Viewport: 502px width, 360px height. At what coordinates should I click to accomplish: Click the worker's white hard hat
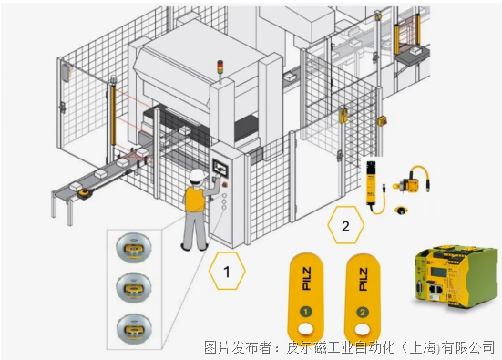197,175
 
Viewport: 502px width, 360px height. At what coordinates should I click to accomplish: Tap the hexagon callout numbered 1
227,271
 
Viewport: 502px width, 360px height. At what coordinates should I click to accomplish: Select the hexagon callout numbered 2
346,225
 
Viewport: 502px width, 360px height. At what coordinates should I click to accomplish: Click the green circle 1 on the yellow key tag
306,312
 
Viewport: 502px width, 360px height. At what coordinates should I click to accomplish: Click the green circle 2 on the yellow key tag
363,312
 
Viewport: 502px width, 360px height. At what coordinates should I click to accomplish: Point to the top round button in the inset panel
134,248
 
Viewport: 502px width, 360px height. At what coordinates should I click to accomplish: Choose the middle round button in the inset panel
134,288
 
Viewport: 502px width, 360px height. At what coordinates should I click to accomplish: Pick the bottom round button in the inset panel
134,329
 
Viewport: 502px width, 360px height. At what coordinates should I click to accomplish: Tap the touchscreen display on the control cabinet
220,167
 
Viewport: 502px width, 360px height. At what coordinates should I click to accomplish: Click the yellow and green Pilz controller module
456,277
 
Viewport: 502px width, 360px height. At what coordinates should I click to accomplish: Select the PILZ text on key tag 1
306,279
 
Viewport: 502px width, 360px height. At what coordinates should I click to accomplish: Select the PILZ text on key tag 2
363,279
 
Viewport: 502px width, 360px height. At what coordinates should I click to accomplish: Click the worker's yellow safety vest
195,199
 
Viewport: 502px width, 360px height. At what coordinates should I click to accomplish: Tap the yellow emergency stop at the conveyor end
85,193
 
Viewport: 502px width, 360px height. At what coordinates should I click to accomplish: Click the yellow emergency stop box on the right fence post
383,121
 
